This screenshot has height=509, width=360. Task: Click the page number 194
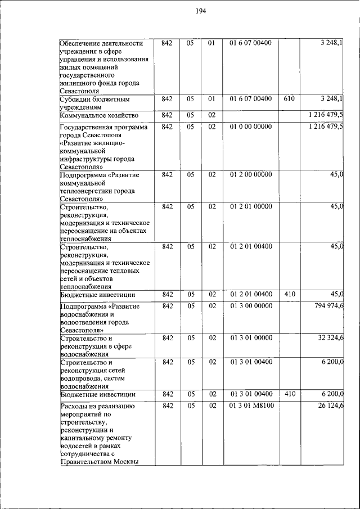pos(201,12)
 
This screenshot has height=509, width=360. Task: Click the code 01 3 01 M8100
pos(251,406)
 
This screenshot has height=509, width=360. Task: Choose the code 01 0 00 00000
pos(251,127)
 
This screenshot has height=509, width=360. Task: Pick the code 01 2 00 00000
pos(251,175)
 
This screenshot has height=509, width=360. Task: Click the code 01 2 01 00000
pos(251,206)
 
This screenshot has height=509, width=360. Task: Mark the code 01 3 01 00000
pos(251,338)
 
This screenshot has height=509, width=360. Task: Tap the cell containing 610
pos(289,99)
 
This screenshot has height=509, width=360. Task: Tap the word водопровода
pos(83,379)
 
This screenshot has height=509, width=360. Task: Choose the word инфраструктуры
pos(88,159)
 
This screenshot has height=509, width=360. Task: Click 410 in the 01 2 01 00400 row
pos(290,294)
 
